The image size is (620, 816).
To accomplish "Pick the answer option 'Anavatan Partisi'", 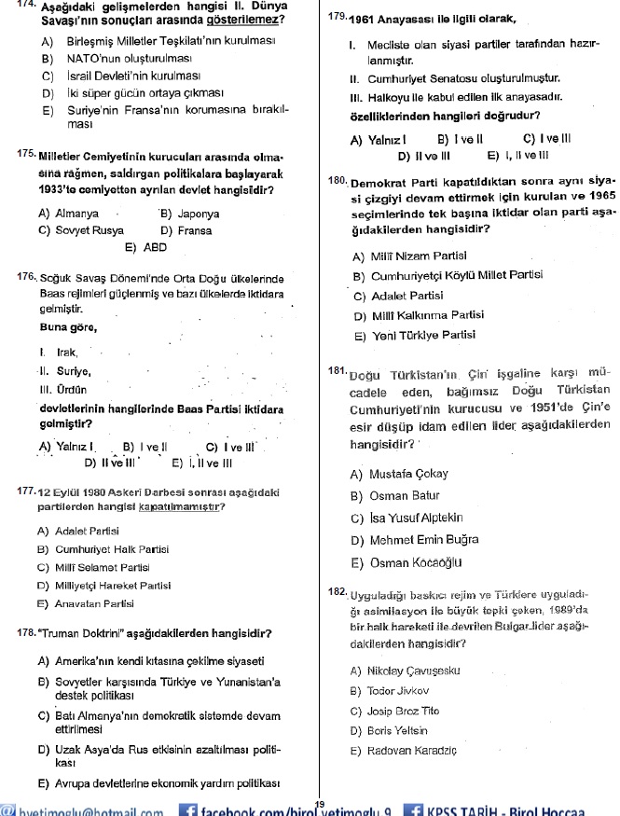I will pyautogui.click(x=94, y=603).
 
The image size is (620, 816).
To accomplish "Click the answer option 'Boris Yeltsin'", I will pyautogui.click(x=401, y=730).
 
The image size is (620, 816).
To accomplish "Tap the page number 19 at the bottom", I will pyautogui.click(x=320, y=805).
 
